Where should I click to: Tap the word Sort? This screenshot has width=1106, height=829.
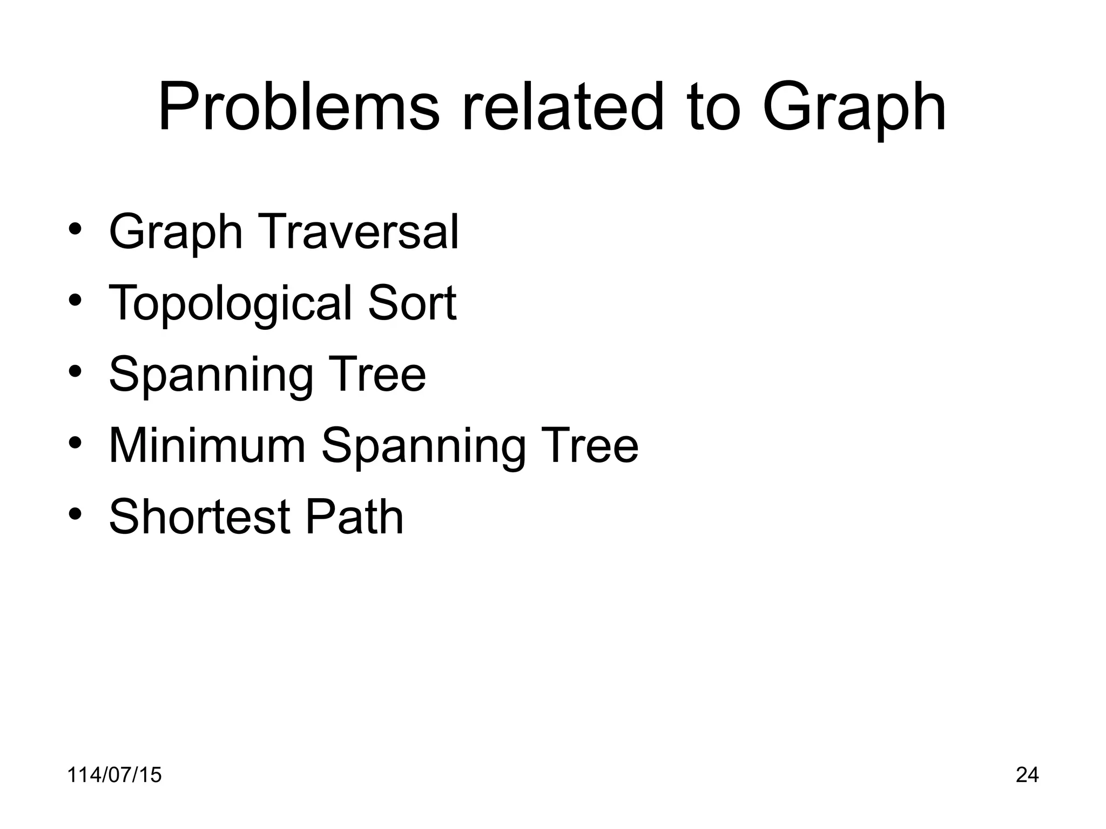(x=413, y=303)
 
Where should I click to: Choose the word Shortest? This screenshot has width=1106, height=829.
(x=199, y=517)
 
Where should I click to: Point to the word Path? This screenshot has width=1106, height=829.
(x=354, y=517)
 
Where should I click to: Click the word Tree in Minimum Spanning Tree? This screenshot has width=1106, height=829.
(x=592, y=445)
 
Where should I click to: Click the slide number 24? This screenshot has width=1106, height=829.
(x=1027, y=774)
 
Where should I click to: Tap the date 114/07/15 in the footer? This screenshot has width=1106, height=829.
(x=114, y=774)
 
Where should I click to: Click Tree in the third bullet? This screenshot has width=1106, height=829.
(x=379, y=374)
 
